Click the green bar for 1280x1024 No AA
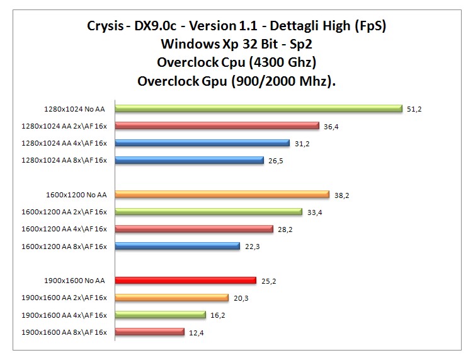(x=258, y=108)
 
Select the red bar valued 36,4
(x=217, y=125)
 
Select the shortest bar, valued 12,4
(x=149, y=332)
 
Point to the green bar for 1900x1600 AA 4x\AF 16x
(x=160, y=315)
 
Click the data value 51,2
(x=414, y=109)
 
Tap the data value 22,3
(x=252, y=247)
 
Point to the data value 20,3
(x=240, y=298)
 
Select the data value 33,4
(x=314, y=212)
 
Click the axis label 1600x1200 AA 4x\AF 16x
(x=64, y=229)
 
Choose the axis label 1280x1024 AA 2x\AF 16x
(x=64, y=126)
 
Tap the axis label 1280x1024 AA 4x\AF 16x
(x=64, y=143)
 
